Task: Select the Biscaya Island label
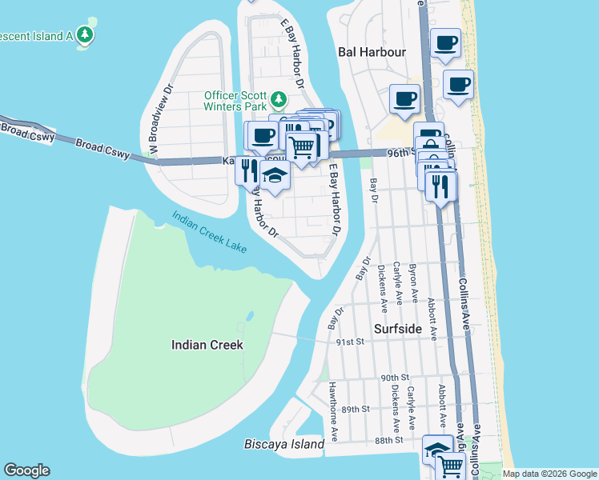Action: pos(284,444)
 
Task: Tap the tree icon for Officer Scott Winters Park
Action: pos(278,99)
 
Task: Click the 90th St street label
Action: pos(396,378)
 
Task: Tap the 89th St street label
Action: pos(356,409)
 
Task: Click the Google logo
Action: pos(26,470)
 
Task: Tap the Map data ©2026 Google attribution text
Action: pos(549,474)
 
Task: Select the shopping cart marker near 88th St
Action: pos(452,464)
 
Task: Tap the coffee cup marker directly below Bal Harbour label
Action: pos(404,99)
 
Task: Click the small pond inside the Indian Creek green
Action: pos(250,316)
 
